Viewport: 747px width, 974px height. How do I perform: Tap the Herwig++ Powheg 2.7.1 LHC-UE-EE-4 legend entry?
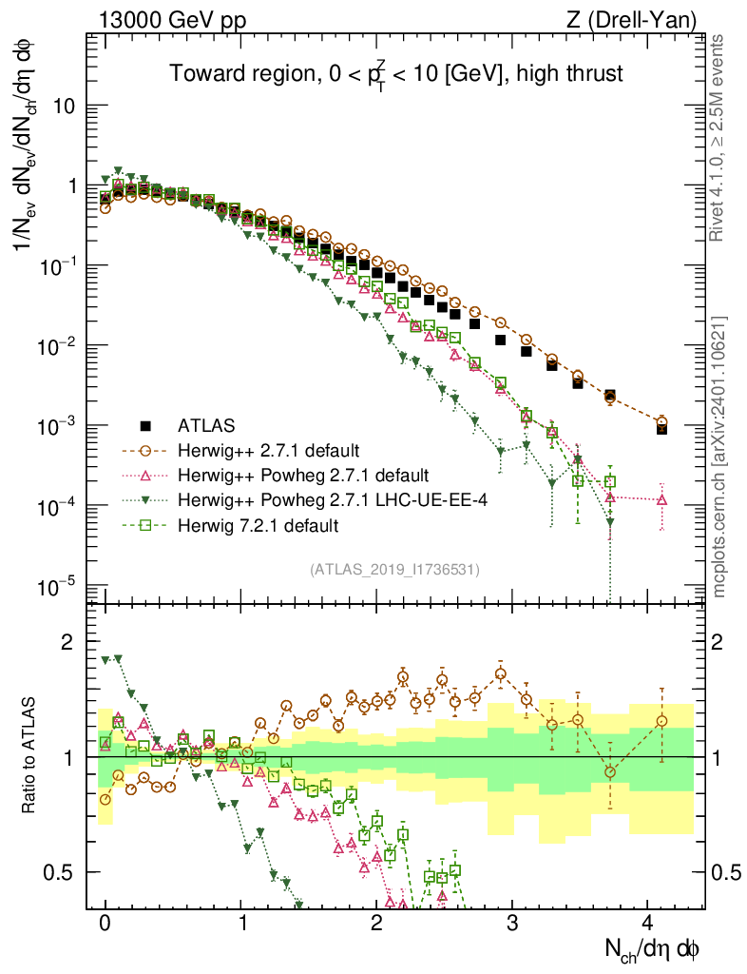pyautogui.click(x=302, y=499)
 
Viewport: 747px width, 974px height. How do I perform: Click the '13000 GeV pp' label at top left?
pyautogui.click(x=161, y=19)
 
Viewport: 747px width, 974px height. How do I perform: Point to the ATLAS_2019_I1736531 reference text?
pyautogui.click(x=394, y=570)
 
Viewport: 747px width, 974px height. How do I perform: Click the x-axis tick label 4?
pyautogui.click(x=648, y=923)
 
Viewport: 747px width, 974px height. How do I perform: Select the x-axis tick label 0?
pyautogui.click(x=105, y=923)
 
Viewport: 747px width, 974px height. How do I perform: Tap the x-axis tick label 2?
pyautogui.click(x=376, y=923)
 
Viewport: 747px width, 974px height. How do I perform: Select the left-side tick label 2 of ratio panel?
pyautogui.click(x=67, y=642)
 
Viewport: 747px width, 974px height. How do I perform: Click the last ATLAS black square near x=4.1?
pyautogui.click(x=661, y=429)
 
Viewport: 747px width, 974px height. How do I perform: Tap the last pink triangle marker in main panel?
pyautogui.click(x=661, y=499)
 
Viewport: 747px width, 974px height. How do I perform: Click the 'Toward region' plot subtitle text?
pyautogui.click(x=395, y=74)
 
